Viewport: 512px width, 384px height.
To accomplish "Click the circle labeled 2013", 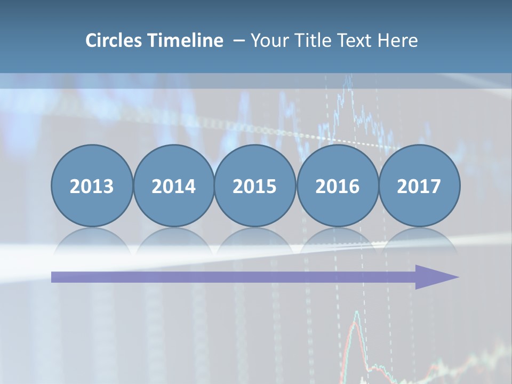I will coord(92,186).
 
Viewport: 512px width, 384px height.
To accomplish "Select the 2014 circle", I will coord(173,186).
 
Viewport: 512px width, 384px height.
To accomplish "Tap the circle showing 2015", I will coord(255,186).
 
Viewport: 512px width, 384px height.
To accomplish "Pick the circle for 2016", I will coord(337,186).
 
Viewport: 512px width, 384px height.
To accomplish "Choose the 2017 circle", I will coord(419,186).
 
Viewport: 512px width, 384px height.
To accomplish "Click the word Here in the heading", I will coord(398,41).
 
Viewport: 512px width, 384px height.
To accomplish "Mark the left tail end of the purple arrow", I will coord(53,277).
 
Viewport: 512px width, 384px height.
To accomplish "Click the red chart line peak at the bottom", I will coord(356,315).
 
